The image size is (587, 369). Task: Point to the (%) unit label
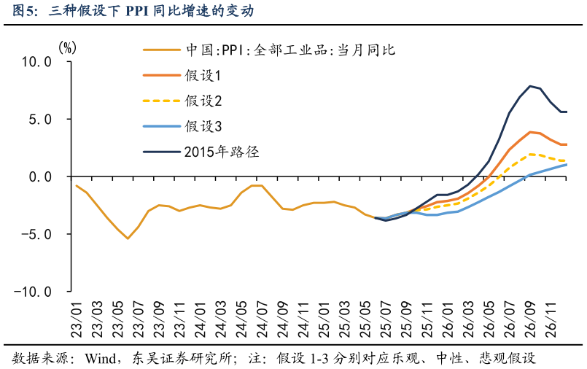tap(67, 47)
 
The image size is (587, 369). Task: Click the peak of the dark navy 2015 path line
tap(530, 86)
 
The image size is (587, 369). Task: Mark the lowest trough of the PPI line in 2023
tap(128, 238)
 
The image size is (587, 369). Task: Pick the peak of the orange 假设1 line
tap(530, 132)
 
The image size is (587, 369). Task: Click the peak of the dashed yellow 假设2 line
tap(530, 154)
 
